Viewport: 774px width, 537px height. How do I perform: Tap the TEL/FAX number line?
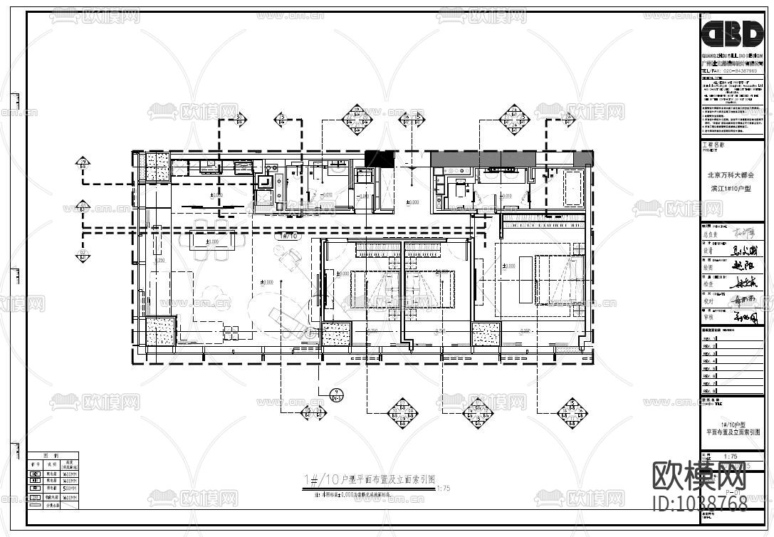(x=730, y=71)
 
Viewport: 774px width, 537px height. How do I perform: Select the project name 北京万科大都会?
(x=730, y=174)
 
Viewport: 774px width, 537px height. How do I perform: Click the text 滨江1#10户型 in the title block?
(x=730, y=188)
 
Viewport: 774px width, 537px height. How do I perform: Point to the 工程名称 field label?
(x=713, y=144)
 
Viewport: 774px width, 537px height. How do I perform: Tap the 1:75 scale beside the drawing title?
(x=442, y=488)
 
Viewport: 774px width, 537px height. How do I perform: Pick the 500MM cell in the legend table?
(x=70, y=489)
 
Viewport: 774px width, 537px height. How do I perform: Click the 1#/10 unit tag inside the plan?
(x=290, y=236)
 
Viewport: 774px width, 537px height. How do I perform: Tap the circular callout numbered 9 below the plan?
(x=338, y=392)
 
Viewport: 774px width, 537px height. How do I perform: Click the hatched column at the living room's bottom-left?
(x=160, y=331)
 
